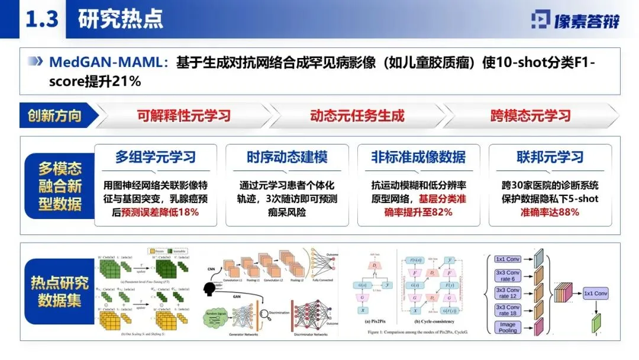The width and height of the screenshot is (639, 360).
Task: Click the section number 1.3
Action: point(41,19)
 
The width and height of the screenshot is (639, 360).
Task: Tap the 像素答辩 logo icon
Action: point(540,20)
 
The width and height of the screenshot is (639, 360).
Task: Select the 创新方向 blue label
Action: point(54,115)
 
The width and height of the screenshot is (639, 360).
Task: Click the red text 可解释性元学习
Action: point(184,115)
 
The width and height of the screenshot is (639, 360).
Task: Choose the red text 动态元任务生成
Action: point(357,115)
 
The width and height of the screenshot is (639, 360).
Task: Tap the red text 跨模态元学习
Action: point(530,115)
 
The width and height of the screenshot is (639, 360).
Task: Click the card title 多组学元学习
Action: point(156,157)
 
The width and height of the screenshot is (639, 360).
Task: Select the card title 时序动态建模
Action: point(287,157)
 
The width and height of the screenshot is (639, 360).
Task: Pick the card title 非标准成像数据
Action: point(418,157)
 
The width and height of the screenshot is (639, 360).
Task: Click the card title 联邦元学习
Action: point(550,157)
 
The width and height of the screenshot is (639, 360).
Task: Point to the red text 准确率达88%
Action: point(550,212)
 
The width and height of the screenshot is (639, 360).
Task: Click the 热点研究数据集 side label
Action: point(60,292)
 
